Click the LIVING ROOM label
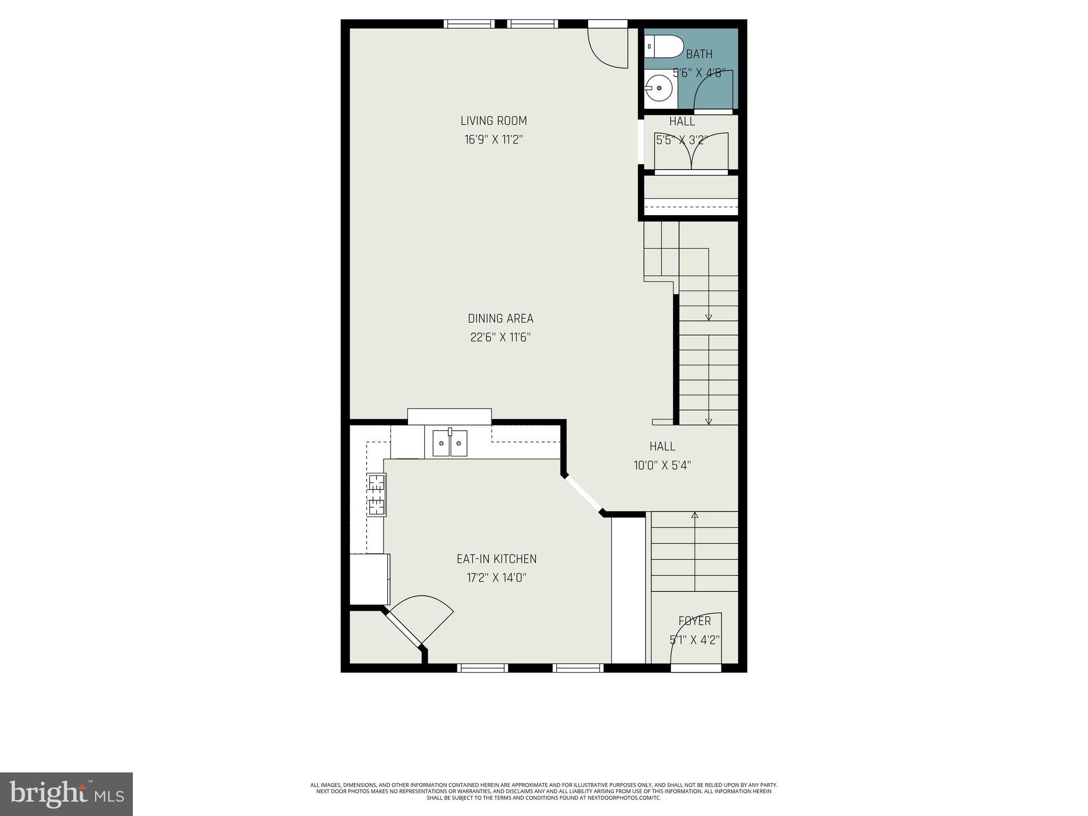pyautogui.click(x=494, y=121)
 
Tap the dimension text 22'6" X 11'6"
pyautogui.click(x=500, y=337)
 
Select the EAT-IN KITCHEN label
pyautogui.click(x=497, y=559)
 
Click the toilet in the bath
pyautogui.click(x=664, y=47)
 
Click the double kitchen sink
pyautogui.click(x=449, y=443)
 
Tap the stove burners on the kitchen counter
pyautogui.click(x=377, y=495)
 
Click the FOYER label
pyautogui.click(x=694, y=621)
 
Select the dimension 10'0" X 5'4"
pyautogui.click(x=662, y=465)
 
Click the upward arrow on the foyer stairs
pyautogui.click(x=694, y=515)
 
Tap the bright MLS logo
pyautogui.click(x=66, y=794)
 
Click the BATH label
pyautogui.click(x=699, y=54)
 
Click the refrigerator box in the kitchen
pyautogui.click(x=370, y=579)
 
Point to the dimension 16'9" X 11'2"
pyautogui.click(x=494, y=140)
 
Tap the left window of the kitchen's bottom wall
pyautogui.click(x=482, y=668)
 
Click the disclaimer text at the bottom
pyautogui.click(x=543, y=790)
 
